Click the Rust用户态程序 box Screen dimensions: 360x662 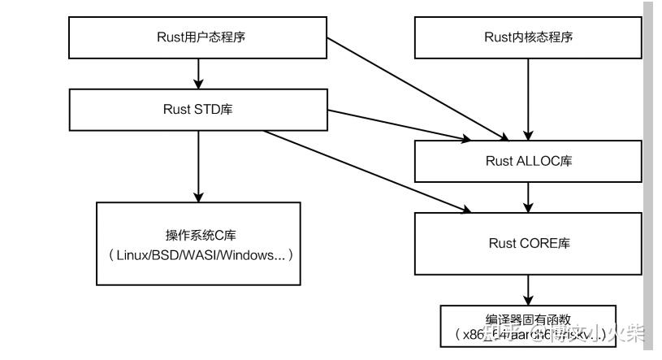click(199, 37)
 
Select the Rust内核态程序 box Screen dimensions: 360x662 click(529, 37)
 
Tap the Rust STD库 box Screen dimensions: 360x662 click(199, 109)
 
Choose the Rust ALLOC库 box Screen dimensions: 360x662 click(529, 160)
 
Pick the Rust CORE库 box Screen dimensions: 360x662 click(529, 243)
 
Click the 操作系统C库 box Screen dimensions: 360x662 click(199, 244)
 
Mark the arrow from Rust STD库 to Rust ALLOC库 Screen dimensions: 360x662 click(398, 122)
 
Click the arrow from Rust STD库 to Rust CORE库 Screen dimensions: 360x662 click(366, 171)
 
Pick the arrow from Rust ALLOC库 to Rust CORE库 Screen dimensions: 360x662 click(529, 196)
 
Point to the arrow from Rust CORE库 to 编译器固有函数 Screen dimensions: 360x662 click(529, 288)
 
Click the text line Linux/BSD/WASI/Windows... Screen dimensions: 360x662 click(199, 254)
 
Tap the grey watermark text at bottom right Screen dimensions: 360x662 click(585, 332)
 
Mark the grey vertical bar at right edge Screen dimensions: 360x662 click(647, 163)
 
